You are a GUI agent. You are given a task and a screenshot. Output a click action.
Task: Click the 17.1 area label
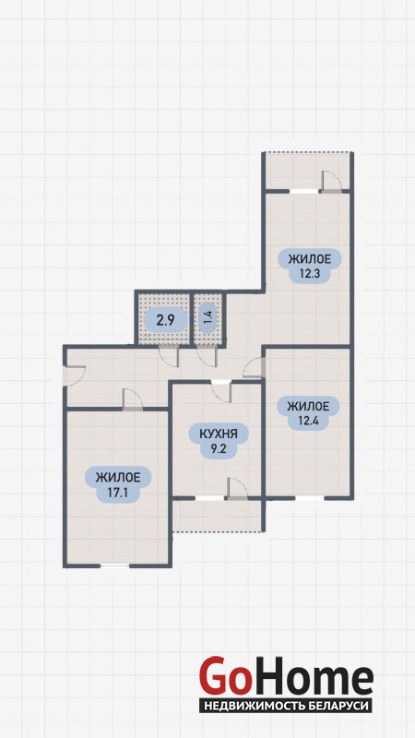tap(118, 484)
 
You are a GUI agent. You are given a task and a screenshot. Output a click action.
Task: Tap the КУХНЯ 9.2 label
tap(219, 440)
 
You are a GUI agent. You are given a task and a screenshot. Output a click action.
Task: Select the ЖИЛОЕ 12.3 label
tap(308, 266)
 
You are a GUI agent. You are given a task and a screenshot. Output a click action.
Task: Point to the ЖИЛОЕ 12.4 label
tap(308, 412)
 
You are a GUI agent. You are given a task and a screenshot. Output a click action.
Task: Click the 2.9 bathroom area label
tap(165, 321)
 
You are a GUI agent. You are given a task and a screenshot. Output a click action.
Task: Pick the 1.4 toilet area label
tap(207, 320)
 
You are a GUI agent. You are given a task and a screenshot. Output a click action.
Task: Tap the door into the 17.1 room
tap(132, 400)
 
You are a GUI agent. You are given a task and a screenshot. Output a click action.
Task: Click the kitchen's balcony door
tap(237, 488)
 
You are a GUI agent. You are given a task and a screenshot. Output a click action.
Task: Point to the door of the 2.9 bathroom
tap(169, 356)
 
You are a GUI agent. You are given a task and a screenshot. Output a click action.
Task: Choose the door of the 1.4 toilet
tap(206, 356)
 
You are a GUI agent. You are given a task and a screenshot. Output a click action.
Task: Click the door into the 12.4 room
tap(253, 367)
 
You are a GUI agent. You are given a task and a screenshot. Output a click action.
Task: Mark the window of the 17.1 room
tap(114, 565)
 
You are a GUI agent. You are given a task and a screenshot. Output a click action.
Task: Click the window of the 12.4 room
tap(310, 497)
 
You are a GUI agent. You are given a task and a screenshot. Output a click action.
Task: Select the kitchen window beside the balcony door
tap(210, 497)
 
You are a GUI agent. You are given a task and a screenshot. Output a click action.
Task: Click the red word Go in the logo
tap(224, 676)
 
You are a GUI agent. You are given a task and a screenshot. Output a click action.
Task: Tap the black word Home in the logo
tap(312, 677)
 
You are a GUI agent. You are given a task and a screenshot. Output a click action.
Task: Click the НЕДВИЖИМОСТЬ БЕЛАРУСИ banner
tap(286, 706)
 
